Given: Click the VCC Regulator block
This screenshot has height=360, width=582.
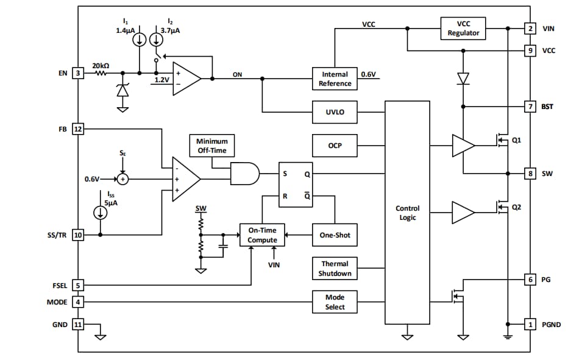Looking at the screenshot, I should [463, 28].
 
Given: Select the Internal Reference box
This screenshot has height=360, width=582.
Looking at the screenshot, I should [335, 79].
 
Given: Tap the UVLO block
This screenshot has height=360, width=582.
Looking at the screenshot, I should [335, 112].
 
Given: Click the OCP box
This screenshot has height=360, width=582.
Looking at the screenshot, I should [335, 146].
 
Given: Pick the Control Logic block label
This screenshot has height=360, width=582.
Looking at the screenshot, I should [407, 213].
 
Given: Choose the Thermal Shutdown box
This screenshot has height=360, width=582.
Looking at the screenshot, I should [335, 269].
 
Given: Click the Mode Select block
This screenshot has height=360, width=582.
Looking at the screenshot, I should [335, 302].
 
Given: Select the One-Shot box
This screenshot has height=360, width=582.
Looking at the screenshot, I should [335, 235].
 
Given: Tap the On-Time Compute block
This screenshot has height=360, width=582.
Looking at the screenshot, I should [262, 235].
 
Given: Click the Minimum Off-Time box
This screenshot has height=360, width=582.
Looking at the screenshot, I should [211, 146].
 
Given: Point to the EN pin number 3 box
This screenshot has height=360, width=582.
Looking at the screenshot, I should [77, 74].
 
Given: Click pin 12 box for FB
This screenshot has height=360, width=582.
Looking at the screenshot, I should [77, 129].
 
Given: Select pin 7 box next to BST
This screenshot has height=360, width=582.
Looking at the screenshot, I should [530, 107].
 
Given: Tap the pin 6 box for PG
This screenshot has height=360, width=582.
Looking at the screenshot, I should [530, 280].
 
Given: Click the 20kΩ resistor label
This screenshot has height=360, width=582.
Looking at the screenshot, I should [101, 65].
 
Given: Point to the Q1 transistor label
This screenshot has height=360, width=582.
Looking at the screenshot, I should [516, 139].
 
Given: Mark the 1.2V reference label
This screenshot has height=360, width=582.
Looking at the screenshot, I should [161, 80].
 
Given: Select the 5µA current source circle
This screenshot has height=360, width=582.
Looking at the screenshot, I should [100, 213].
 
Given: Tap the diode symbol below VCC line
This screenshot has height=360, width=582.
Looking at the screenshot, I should [463, 78].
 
